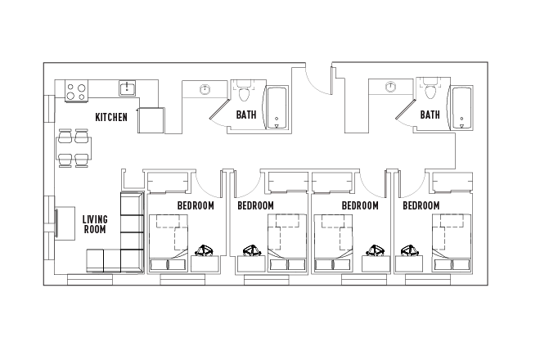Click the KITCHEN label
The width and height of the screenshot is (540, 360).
pyautogui.click(x=111, y=117)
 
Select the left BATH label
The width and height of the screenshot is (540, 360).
pyautogui.click(x=246, y=115)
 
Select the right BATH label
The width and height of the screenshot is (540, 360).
pyautogui.click(x=430, y=115)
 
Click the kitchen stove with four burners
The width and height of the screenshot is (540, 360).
pyautogui.click(x=76, y=91)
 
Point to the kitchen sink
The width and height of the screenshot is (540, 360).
pyautogui.click(x=127, y=88)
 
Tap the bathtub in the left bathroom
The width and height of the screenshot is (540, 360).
pyautogui.click(x=278, y=108)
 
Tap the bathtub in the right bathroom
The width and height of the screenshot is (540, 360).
pyautogui.click(x=462, y=108)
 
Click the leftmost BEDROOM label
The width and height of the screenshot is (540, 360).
pyautogui.click(x=196, y=205)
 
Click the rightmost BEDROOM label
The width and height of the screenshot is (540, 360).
pyautogui.click(x=422, y=205)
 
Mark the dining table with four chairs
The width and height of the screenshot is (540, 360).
pyautogui.click(x=74, y=149)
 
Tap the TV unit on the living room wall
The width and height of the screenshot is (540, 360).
pyautogui.click(x=59, y=223)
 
